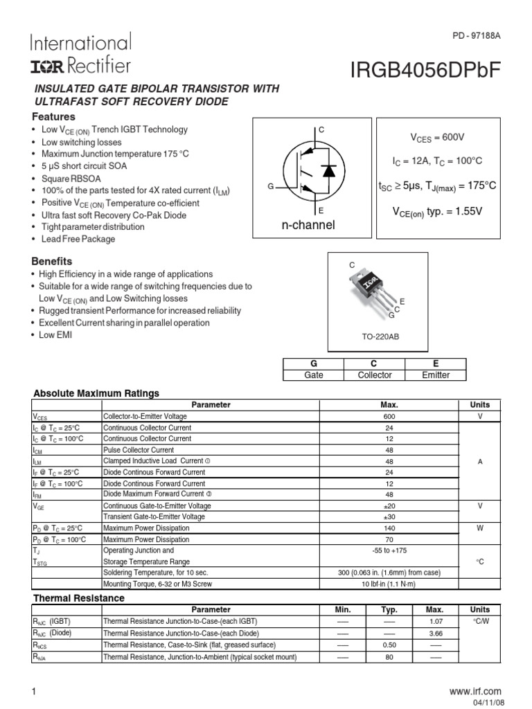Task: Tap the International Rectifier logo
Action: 80,54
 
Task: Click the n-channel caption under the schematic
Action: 308,226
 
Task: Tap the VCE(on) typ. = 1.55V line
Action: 438,209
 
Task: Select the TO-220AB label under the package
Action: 376,336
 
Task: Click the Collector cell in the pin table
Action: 374,375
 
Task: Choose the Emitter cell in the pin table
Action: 436,375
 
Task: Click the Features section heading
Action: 54,117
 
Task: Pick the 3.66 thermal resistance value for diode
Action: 434,633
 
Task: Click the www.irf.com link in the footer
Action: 475,691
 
